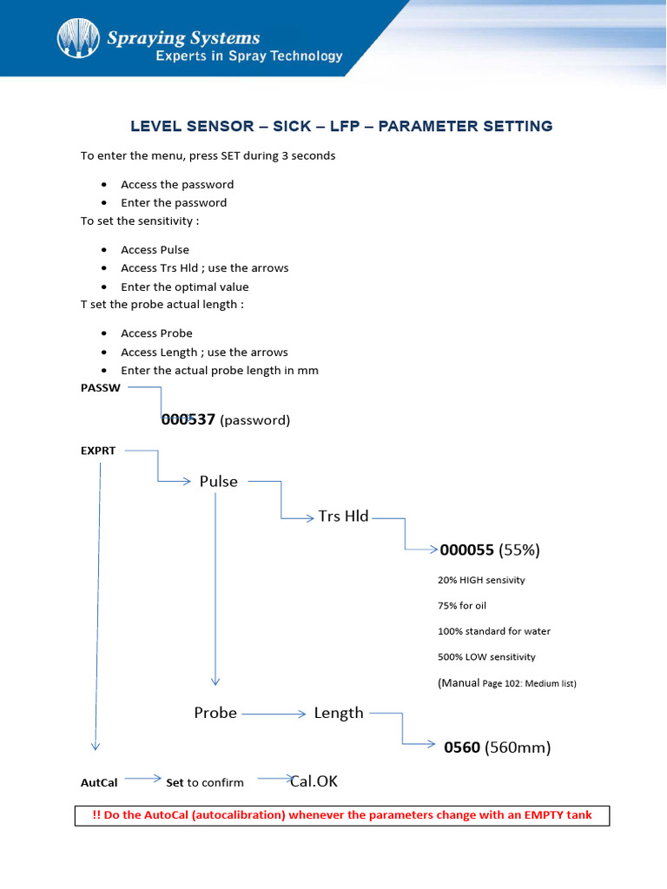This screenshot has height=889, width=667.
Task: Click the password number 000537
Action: (188, 419)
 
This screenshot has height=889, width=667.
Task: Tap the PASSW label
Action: (100, 388)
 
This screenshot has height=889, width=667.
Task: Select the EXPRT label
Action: (98, 451)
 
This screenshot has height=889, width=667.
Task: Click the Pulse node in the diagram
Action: (218, 481)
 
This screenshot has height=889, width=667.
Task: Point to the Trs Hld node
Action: (343, 516)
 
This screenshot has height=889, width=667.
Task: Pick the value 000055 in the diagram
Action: (467, 550)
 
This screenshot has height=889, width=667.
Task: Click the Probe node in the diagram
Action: (215, 713)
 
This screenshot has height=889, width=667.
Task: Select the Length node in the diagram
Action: (339, 713)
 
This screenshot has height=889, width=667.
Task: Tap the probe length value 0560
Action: (462, 747)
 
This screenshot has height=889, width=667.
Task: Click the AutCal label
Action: (99, 782)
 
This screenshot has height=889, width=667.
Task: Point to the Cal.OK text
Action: (314, 781)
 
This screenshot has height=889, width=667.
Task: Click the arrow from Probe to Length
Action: (274, 714)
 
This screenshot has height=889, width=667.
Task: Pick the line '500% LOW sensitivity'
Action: (486, 657)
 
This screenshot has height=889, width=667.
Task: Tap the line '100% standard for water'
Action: (494, 631)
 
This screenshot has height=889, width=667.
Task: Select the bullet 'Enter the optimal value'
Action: (184, 286)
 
